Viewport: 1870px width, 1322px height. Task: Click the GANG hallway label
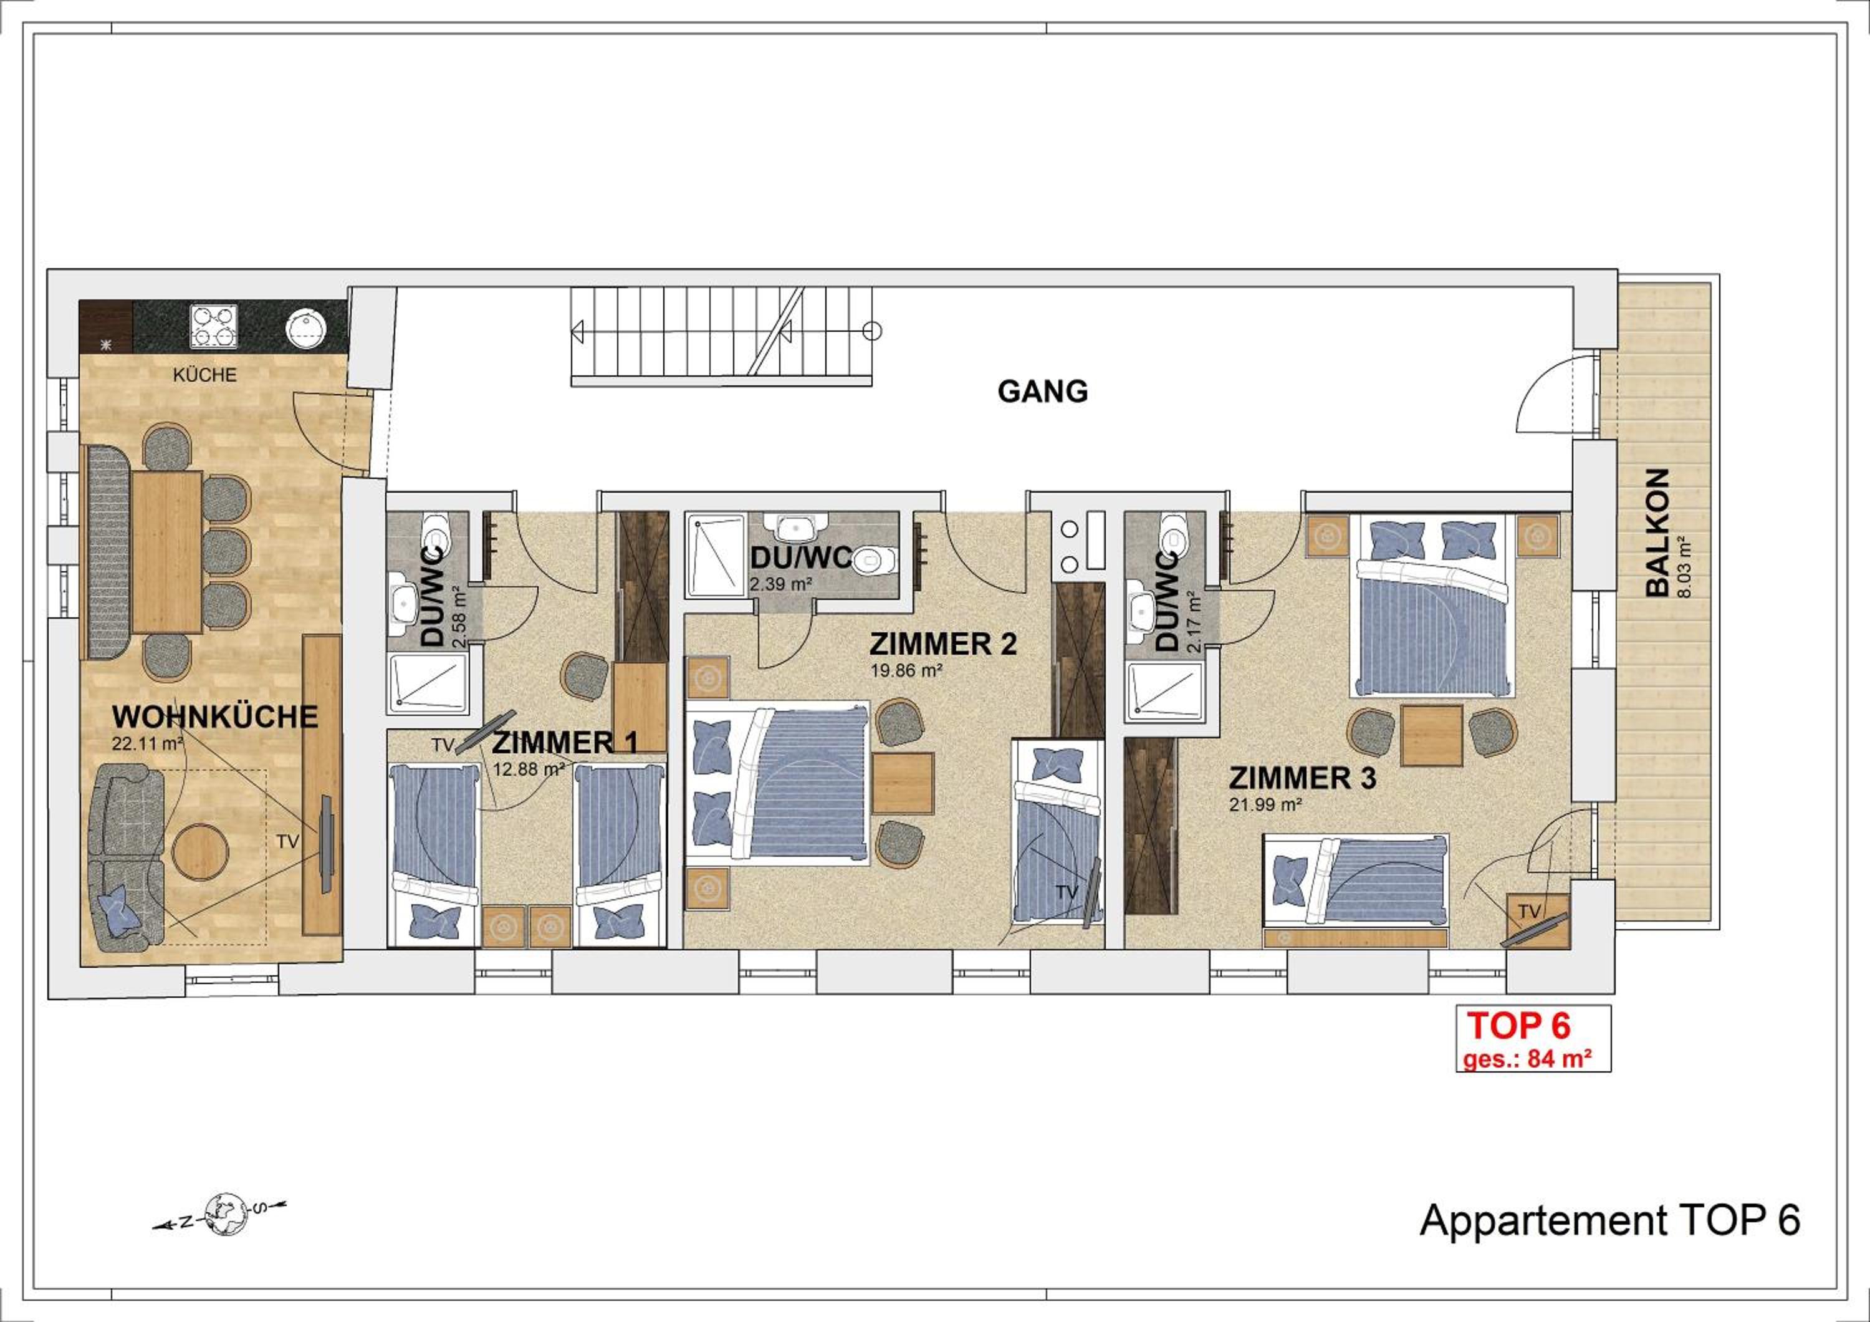coord(1042,392)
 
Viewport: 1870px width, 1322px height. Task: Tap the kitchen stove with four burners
coord(214,327)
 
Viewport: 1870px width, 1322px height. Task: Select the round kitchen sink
coord(305,327)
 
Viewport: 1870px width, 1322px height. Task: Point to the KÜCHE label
coord(204,375)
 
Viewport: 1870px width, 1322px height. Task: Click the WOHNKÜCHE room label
coord(215,716)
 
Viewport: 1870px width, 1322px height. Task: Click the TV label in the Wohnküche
coord(287,842)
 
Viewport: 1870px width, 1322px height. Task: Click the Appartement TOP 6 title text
coord(1610,1244)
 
